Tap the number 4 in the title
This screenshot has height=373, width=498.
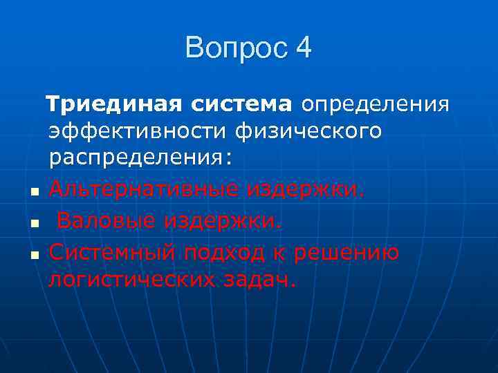point(303,48)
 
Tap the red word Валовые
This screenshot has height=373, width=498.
point(107,220)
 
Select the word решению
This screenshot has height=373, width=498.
point(347,253)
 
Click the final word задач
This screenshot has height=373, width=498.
point(266,279)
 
